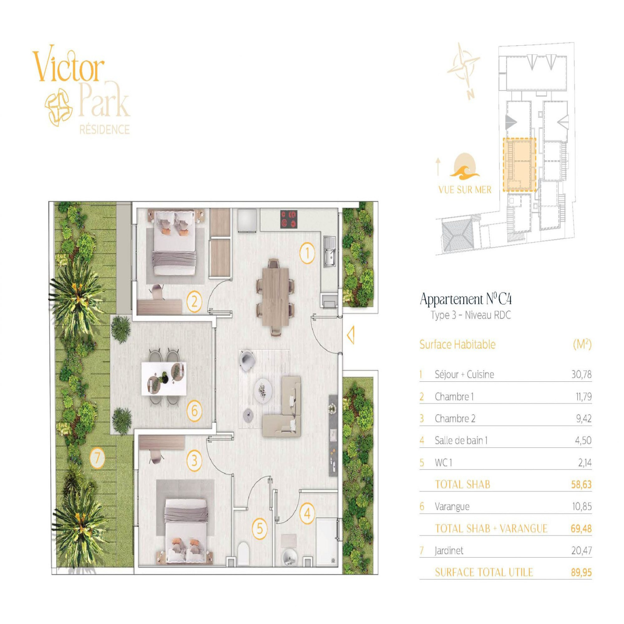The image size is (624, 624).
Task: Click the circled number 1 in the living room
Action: (307, 253)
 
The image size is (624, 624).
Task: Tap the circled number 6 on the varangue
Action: (194, 410)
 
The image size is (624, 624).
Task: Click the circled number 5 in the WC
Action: (260, 528)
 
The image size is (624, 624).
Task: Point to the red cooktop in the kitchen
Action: (289, 219)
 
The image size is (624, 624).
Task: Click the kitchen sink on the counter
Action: (330, 252)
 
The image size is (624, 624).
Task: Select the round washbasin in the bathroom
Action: (289, 557)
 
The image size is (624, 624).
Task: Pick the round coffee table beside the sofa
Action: (262, 390)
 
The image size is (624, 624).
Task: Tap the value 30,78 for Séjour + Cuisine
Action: (581, 374)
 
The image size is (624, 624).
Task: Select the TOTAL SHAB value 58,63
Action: (581, 484)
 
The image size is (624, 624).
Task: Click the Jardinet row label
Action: (449, 551)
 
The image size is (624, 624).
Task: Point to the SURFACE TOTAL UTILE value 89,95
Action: (581, 573)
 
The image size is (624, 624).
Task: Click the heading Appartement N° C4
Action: (466, 299)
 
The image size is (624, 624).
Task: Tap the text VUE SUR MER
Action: (465, 190)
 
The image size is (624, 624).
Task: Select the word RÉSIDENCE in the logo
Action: (105, 129)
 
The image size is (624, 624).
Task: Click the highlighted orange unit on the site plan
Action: (519, 164)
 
